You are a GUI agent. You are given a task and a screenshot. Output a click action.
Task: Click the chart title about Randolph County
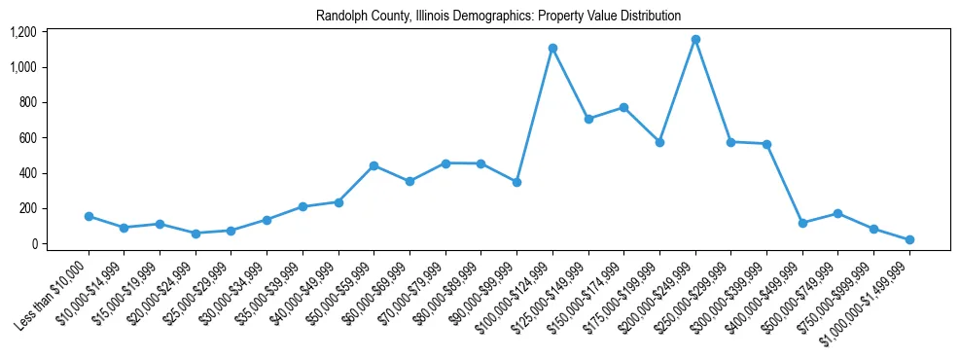coord(498,17)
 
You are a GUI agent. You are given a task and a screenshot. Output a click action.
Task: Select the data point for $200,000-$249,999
coord(695,40)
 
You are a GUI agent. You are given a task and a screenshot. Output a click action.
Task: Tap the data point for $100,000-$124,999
coord(552,48)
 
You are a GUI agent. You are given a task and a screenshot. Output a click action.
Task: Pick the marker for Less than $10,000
coord(89,216)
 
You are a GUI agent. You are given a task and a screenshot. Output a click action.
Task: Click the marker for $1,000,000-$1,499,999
coord(909,239)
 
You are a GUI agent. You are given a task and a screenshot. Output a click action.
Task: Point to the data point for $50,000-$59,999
coord(373,165)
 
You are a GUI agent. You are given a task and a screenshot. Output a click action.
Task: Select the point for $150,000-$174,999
coord(623,107)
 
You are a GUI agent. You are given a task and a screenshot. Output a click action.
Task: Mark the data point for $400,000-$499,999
coord(802,223)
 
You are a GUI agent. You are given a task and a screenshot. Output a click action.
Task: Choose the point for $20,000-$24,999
coord(196,234)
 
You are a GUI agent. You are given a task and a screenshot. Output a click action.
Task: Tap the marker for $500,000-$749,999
coord(838,213)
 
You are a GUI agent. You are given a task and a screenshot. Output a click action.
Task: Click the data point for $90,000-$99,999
coord(516,182)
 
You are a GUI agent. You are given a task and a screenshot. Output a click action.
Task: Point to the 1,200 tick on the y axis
coord(22,32)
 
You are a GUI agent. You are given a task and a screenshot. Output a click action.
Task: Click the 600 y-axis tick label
coord(27,138)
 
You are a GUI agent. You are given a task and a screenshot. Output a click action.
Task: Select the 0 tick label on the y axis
coord(33,244)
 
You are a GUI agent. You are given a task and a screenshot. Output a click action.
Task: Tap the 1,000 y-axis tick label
coord(22,67)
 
